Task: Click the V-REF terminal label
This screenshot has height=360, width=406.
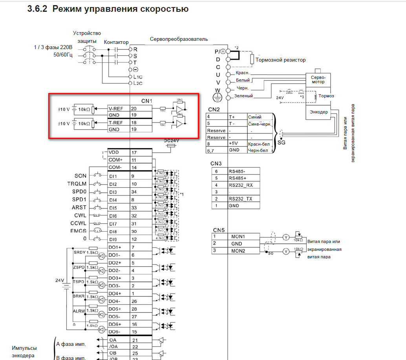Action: point(115,108)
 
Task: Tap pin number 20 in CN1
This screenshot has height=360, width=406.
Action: point(134,108)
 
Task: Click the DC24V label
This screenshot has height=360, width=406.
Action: point(172,141)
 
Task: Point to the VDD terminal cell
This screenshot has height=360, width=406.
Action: point(114,152)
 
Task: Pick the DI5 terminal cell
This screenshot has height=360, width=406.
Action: point(113,208)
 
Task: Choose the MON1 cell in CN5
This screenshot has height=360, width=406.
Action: point(238,237)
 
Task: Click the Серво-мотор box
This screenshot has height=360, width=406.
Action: point(318,80)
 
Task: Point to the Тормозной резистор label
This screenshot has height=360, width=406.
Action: point(280,60)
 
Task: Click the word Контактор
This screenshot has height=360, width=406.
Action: point(116,42)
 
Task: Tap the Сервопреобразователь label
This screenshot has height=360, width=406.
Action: point(179,39)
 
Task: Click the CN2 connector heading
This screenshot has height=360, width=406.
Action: point(214,110)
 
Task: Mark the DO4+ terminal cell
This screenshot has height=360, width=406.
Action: point(115,294)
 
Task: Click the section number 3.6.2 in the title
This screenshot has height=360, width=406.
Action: point(37,9)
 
